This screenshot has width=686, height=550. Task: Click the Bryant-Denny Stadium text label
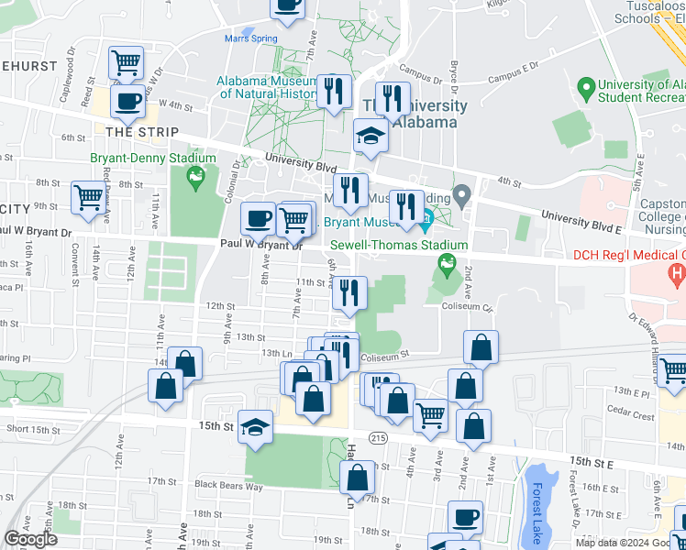click(152, 158)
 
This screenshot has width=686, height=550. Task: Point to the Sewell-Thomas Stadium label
click(399, 245)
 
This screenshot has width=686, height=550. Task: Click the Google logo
click(31, 539)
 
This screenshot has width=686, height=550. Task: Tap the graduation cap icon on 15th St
click(256, 426)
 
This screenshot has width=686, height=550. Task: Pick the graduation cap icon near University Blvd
click(371, 137)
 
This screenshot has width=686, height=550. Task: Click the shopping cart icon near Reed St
click(126, 62)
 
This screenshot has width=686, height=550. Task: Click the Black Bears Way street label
click(228, 485)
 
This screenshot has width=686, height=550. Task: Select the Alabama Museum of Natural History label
click(266, 87)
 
